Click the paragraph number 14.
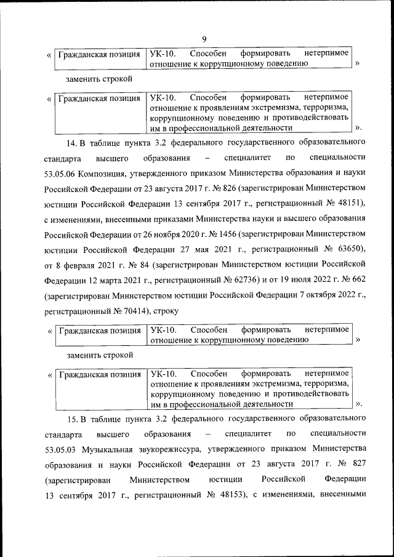pyautogui.click(x=71, y=144)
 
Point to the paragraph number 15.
pyautogui.click(x=71, y=420)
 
